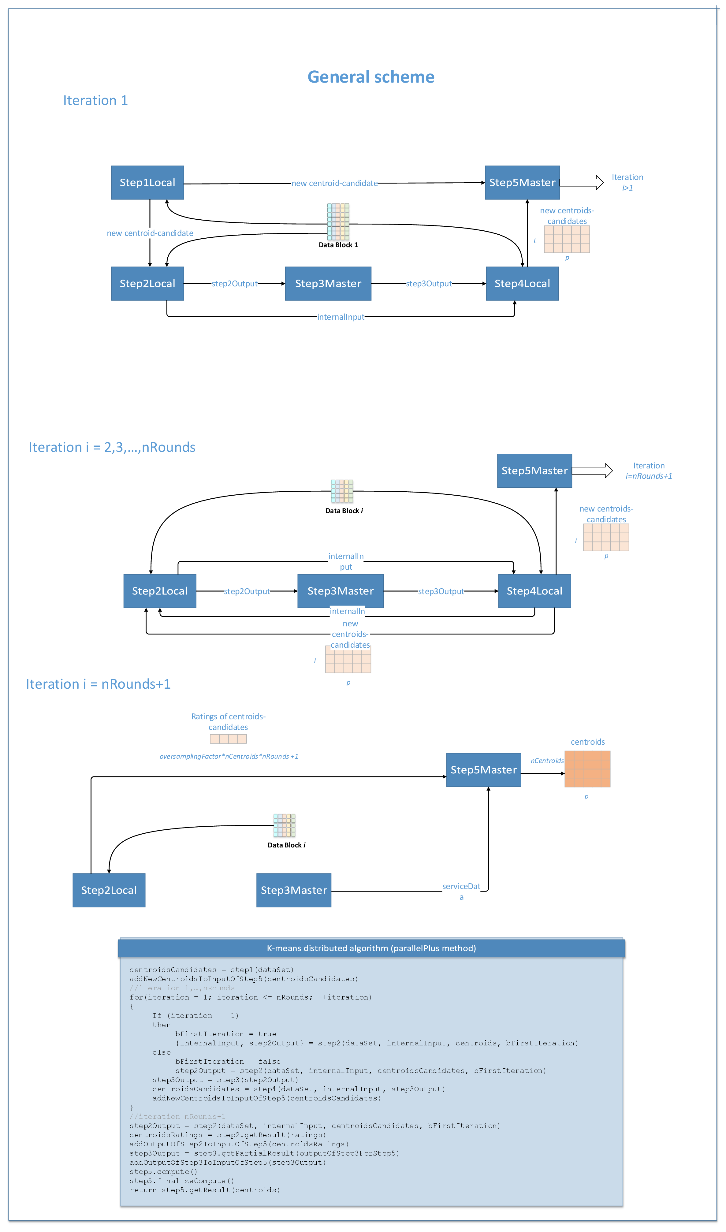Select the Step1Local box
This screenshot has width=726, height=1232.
pos(147,182)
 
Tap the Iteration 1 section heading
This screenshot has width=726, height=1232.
pos(95,100)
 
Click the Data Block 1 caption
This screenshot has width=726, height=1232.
pos(338,245)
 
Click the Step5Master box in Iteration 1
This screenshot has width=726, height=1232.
pos(522,182)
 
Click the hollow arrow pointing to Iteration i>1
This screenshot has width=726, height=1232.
pos(581,182)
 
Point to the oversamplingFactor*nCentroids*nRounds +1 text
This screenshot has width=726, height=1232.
pos(229,756)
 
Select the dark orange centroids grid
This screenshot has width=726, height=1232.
pos(587,769)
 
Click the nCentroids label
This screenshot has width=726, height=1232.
pos(547,761)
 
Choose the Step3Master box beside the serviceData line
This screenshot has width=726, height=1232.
pos(293,890)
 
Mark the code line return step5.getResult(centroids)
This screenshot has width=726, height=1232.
pos(204,1190)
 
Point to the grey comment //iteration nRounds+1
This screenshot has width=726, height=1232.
pos(177,1117)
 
